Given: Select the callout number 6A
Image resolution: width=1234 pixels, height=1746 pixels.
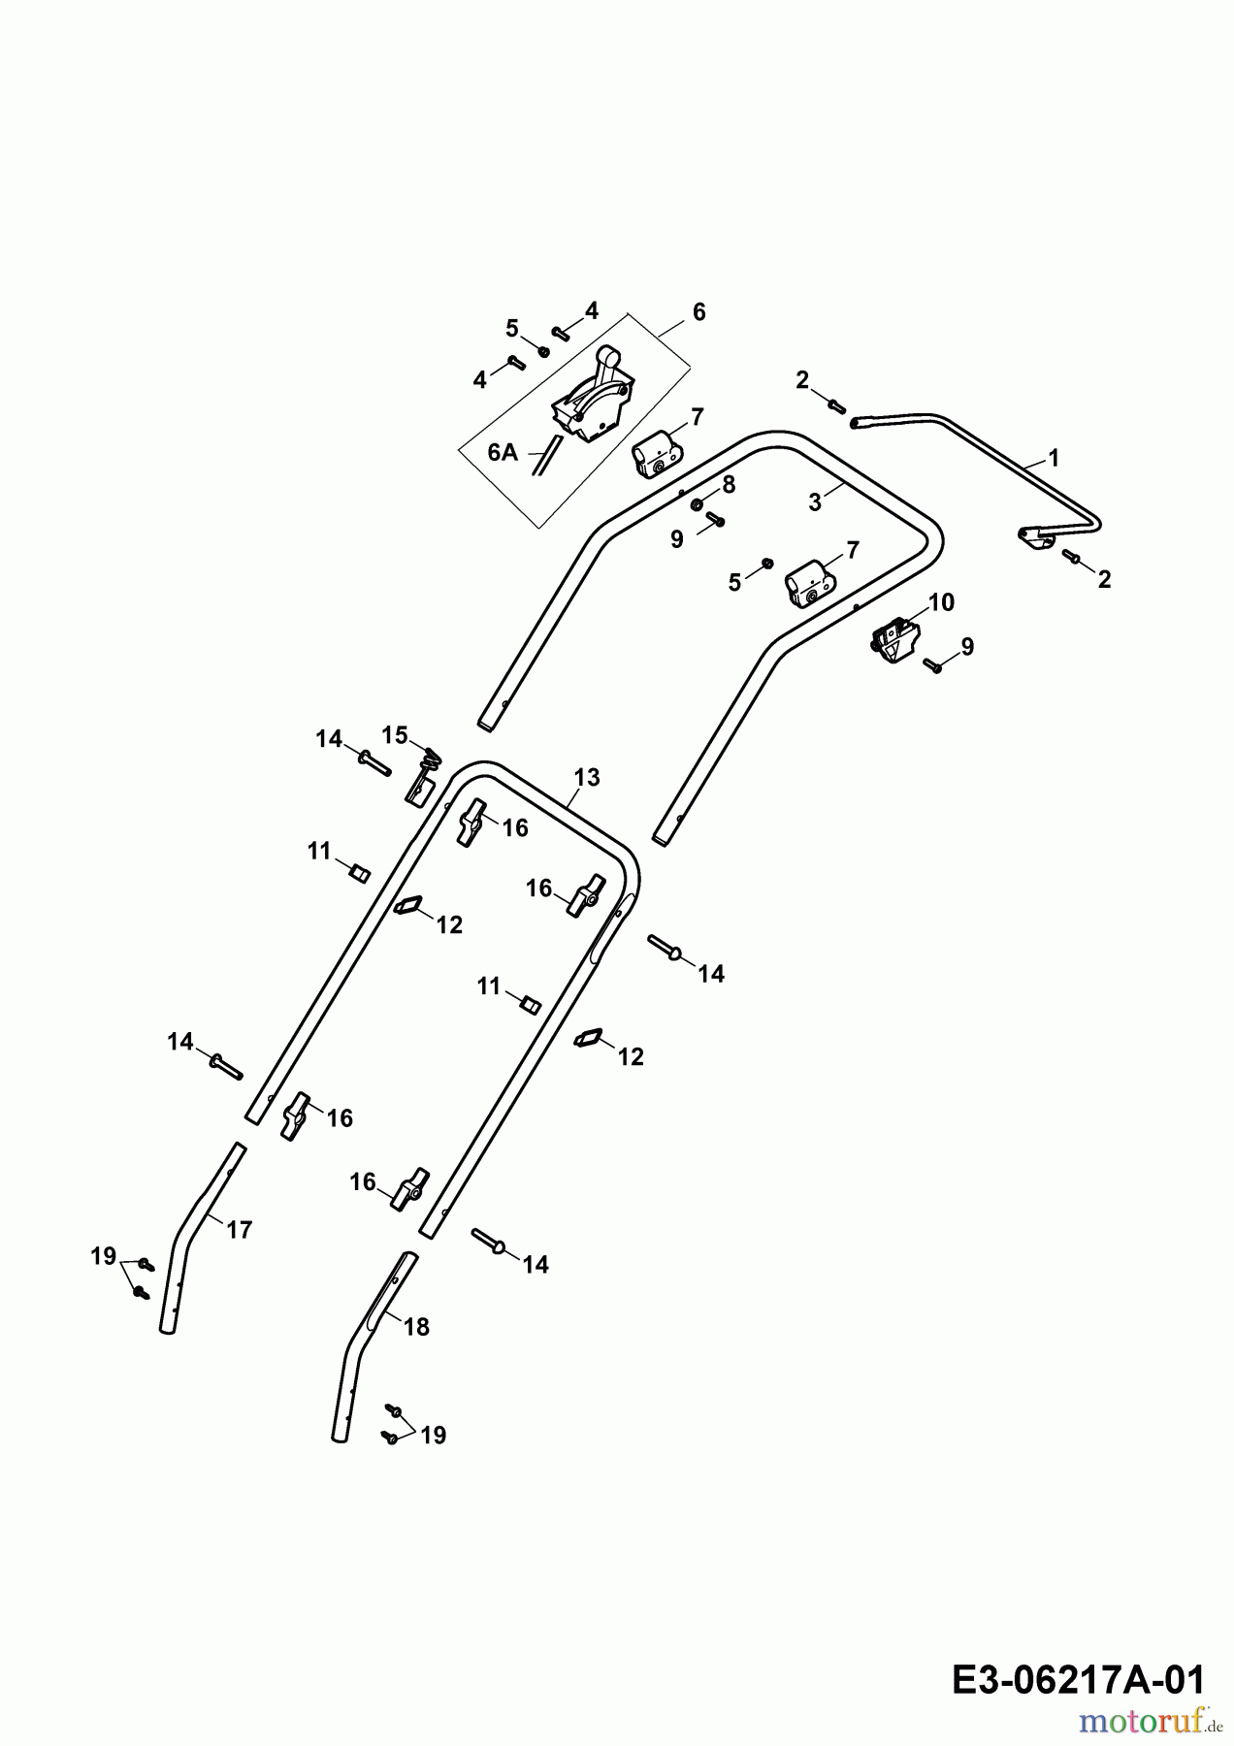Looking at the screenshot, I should point(503,453).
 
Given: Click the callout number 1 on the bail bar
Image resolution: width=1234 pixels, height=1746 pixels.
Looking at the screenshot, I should point(1055,457).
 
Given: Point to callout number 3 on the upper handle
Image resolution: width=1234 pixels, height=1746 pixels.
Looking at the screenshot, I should point(815,502).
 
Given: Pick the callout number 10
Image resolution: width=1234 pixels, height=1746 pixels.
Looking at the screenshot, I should point(941,602).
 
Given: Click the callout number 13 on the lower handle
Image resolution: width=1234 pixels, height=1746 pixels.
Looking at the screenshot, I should point(587,777).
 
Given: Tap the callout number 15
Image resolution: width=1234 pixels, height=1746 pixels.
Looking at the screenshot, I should point(394,734).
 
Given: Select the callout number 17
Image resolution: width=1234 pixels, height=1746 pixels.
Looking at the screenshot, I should point(239,1230).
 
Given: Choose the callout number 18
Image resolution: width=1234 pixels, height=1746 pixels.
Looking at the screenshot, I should point(416,1327).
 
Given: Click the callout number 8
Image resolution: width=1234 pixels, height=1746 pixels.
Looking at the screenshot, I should point(729,484).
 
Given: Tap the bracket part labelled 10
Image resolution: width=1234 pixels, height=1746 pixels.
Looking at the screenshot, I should point(894,643).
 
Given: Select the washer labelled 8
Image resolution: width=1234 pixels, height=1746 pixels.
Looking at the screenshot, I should point(698,504).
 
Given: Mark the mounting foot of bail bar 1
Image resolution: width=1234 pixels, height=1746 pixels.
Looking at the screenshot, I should point(1034,537).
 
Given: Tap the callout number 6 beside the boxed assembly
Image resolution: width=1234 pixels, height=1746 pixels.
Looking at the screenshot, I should point(698,312).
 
